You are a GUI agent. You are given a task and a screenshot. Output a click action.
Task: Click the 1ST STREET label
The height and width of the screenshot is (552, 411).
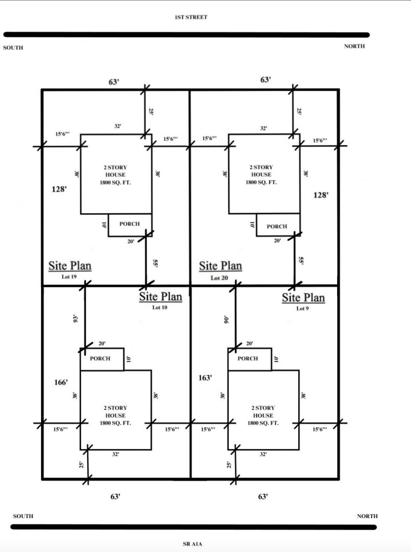191,17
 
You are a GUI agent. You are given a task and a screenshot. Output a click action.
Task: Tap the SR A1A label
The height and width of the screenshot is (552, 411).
193,544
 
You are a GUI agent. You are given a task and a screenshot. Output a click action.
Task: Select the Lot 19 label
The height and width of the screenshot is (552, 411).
69,277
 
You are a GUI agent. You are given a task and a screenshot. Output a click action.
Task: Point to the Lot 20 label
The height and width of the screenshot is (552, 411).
219,278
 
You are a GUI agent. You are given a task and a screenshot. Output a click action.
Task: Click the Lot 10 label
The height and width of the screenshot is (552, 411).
160,308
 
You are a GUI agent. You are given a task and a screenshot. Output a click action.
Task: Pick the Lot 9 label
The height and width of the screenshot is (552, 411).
303,309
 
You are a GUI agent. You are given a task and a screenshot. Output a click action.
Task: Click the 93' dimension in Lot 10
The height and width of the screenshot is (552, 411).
74,319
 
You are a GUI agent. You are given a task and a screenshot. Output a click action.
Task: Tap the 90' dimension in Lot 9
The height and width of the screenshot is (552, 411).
226,319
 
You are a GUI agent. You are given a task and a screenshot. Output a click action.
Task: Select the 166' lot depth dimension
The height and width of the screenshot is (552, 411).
61,382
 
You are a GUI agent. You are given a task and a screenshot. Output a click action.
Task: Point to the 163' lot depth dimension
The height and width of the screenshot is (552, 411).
205,378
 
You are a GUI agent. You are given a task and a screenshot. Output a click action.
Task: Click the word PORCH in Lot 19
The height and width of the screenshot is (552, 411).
129,224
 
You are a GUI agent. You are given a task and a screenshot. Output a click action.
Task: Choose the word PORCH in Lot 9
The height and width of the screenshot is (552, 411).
248,358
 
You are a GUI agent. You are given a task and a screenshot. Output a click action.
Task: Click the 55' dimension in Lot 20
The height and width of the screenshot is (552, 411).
301,260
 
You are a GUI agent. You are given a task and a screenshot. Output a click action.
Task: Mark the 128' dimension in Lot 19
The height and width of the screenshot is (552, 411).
59,189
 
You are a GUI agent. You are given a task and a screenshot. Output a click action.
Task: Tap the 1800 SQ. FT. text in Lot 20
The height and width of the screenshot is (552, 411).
261,182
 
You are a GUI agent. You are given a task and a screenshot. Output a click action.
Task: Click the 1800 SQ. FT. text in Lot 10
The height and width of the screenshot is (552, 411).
115,423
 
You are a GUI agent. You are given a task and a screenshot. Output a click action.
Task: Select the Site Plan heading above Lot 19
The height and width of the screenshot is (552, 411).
70,266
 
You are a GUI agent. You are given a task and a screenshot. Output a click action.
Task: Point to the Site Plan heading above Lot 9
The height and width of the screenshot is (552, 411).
303,298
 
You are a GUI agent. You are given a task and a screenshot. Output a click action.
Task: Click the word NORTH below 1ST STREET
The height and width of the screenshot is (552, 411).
354,46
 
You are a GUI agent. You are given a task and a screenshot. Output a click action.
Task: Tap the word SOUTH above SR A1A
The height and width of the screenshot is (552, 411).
23,516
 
